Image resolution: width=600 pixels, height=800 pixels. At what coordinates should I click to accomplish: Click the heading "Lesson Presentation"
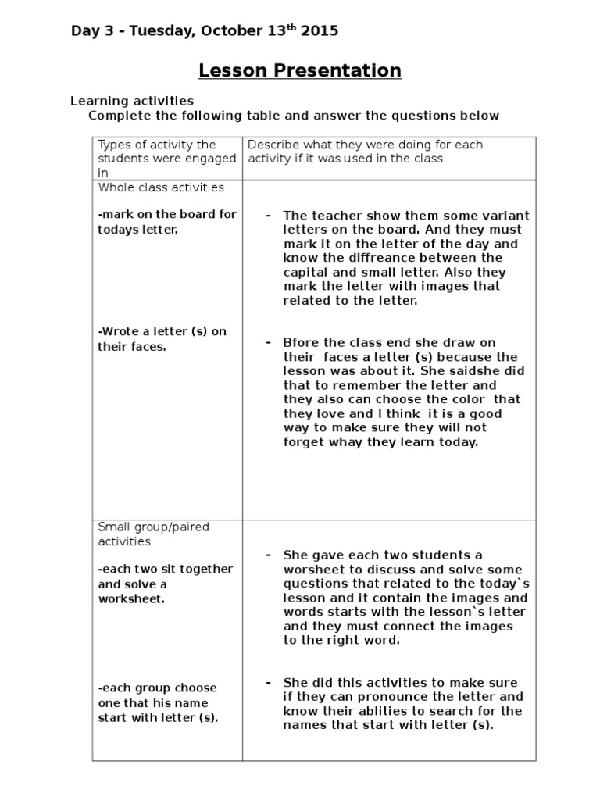[300, 71]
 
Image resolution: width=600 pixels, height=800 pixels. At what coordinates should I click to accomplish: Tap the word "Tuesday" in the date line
[162, 31]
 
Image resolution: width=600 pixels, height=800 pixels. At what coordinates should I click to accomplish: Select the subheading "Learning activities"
[132, 101]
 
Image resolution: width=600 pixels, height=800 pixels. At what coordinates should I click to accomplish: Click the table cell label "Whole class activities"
[161, 187]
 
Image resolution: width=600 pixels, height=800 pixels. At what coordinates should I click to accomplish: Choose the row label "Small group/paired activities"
[154, 534]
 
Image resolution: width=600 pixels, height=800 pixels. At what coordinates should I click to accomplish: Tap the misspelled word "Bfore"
[299, 343]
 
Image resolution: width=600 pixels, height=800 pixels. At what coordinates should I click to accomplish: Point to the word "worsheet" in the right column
[310, 570]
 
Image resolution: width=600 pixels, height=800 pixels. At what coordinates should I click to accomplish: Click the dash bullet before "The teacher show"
[268, 216]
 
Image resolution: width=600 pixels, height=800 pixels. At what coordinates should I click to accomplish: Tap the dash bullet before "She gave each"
[268, 555]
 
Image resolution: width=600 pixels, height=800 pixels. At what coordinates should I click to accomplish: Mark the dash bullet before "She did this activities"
[268, 683]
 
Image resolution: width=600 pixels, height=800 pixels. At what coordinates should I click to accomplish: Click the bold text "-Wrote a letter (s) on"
[162, 331]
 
